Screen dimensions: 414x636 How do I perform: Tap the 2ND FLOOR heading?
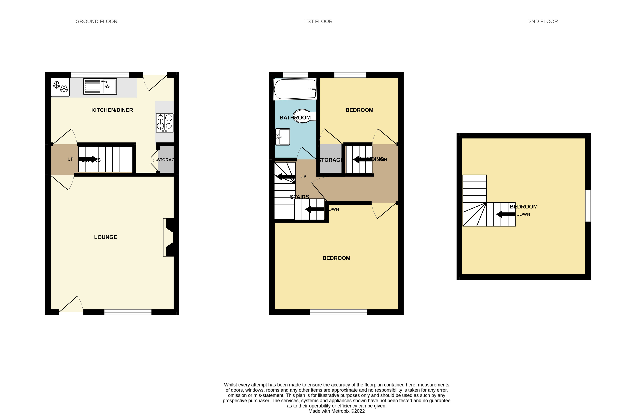tap(543, 21)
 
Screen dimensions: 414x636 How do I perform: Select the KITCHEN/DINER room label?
tap(112, 110)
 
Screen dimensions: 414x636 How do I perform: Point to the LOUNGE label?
tap(105, 237)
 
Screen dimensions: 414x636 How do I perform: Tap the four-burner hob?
tap(165, 123)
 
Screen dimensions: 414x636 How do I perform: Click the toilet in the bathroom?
tap(304, 116)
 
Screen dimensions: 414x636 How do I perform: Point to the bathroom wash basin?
tap(283, 137)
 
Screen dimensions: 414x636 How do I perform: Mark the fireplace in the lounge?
tap(169, 237)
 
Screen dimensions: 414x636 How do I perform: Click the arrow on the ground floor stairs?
tap(88, 159)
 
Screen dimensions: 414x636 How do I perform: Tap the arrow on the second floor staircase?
tap(505, 214)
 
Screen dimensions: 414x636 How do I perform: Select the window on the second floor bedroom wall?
tap(588, 205)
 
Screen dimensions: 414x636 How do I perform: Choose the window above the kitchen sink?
tap(100, 75)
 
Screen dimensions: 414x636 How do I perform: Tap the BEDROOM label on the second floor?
tap(523, 206)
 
